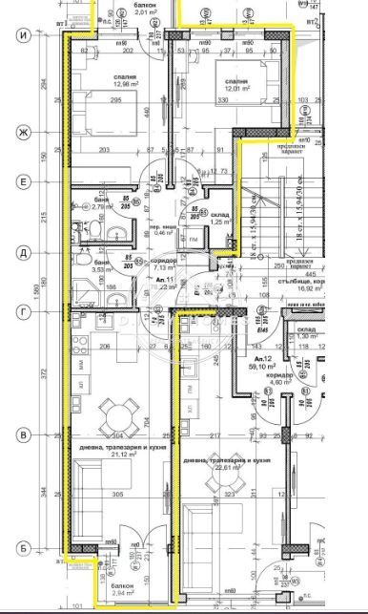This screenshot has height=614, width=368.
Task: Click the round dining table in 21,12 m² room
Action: pyautogui.click(x=120, y=413)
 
